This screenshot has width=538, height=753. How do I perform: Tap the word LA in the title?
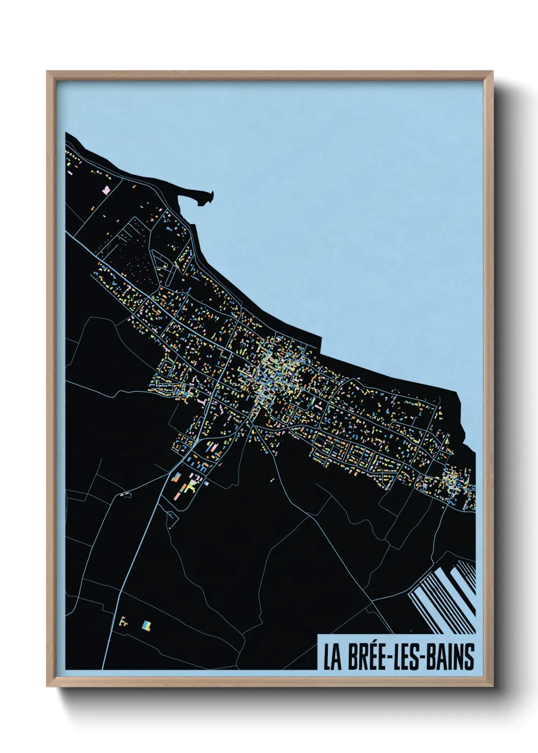click(x=332, y=657)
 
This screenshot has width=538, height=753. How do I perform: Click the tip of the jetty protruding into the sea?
click(x=211, y=193)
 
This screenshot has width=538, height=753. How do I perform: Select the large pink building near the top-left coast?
click(x=107, y=190)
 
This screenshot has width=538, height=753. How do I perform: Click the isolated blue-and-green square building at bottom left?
click(x=146, y=625)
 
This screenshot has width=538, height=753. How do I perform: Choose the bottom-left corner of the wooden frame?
click(x=48, y=686)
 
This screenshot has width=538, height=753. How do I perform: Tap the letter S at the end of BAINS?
click(x=469, y=657)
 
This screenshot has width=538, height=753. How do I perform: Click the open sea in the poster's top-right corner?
click(x=432, y=127)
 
